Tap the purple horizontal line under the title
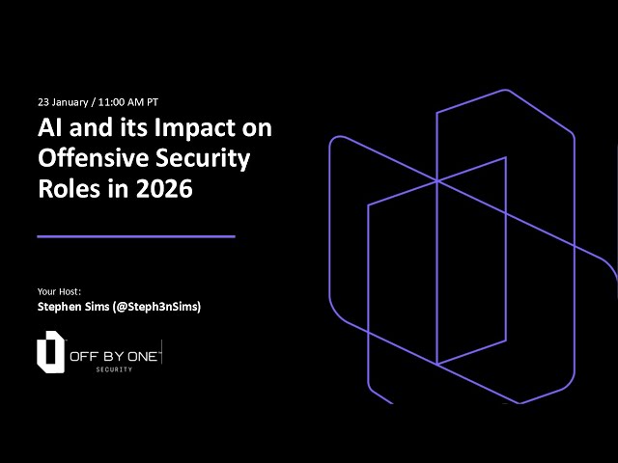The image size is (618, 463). [135, 235]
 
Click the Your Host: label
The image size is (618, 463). [59, 290]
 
